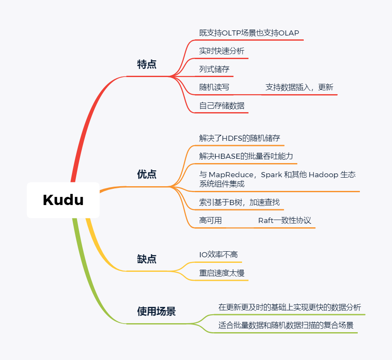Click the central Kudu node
pos(63,200)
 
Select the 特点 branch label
pos(147,65)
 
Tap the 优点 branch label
pos(147,174)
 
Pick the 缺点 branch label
pos(147,259)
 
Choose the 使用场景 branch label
pos(156,311)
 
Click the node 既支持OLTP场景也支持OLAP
pos(249,33)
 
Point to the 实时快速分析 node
pos(221,51)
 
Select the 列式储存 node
pos(215,69)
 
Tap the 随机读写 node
pos(214,87)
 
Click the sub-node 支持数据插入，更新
pos(299,87)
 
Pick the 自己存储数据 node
pos(221,105)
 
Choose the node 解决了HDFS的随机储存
pos(239,138)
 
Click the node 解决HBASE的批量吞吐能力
pos(246,156)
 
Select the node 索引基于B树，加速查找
pos(239,202)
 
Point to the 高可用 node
pos(210,221)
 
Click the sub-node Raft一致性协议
pos(284,221)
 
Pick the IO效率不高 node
pos(218,255)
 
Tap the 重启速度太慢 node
pos(221,273)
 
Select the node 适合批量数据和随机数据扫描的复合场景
pos(286,325)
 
